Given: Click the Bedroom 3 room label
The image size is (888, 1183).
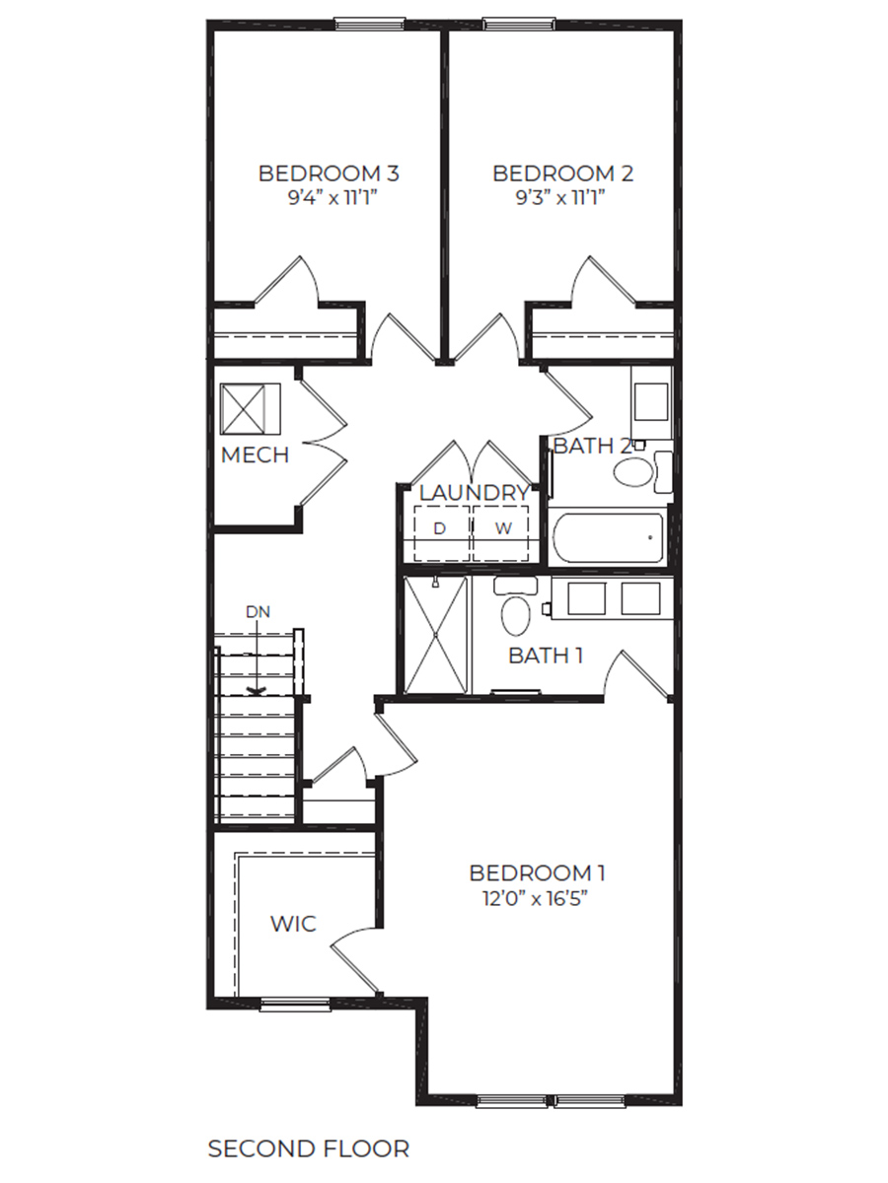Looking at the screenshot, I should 329,174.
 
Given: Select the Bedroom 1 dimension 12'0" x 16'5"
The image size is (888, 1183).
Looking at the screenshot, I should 537,898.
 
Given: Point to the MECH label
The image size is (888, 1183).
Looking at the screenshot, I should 255,454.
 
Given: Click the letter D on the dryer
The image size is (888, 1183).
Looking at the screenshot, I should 440,528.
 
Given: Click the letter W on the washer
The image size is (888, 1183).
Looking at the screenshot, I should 503,528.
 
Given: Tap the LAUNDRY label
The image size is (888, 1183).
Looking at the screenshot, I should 474,492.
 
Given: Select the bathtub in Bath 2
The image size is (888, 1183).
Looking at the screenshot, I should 606,537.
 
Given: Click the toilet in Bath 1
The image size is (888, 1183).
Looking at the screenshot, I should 515,610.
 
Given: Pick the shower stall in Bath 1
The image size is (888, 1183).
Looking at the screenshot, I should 435,634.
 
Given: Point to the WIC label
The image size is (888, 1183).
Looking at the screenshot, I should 294,924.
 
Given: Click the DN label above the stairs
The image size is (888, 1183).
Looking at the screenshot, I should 258,612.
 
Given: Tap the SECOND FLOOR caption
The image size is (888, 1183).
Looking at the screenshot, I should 308,1148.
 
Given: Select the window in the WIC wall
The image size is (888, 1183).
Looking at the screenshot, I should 295,1005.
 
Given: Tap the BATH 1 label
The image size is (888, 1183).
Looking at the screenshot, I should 545,656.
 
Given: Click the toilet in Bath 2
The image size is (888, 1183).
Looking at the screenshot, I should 637,469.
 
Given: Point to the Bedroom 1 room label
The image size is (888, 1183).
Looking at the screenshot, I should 537,872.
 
